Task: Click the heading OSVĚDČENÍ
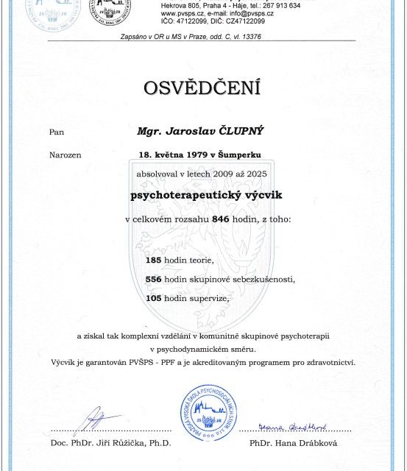[x=203, y=89]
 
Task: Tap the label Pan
[x=57, y=132]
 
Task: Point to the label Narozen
[x=66, y=155]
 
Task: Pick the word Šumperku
[x=238, y=155]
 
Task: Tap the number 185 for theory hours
[x=153, y=261]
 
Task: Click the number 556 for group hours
[x=153, y=280]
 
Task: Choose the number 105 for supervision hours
[x=153, y=299]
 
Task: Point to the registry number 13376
[x=267, y=35]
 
